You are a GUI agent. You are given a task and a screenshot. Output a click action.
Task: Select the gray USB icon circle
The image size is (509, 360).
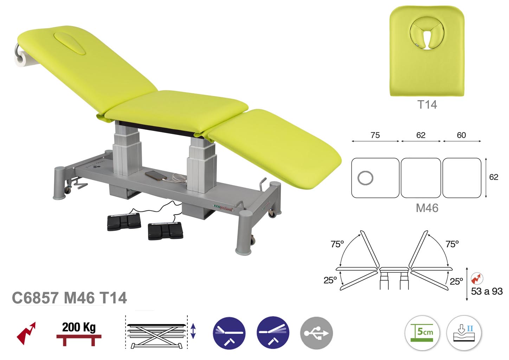pos(316,333)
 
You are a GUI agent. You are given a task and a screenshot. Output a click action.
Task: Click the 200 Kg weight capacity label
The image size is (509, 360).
pos(79,327)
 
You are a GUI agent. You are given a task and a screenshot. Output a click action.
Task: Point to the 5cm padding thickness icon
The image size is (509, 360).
pos(422,333)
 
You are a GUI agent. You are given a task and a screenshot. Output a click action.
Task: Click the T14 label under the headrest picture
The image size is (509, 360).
pos(427,105)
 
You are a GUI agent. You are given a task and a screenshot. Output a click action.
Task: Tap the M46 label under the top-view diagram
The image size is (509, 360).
pos(427,208)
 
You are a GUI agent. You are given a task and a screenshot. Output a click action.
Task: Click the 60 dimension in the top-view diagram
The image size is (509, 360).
pos(461,135)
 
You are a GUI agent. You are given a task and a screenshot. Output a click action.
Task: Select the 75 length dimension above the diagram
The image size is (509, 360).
pos(375,135)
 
